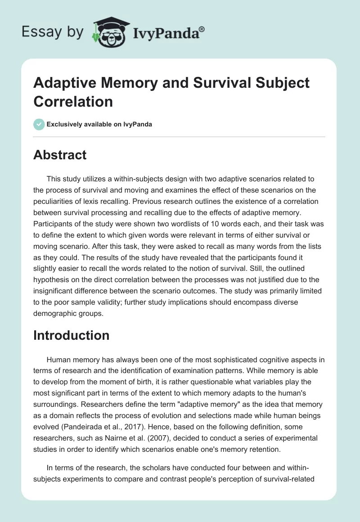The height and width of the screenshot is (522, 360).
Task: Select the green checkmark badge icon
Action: pyautogui.click(x=39, y=124)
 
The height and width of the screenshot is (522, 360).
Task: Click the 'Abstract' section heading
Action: pyautogui.click(x=60, y=155)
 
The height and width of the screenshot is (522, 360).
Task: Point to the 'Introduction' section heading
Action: pyautogui.click(x=71, y=335)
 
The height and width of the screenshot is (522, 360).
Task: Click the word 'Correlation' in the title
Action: pyautogui.click(x=73, y=101)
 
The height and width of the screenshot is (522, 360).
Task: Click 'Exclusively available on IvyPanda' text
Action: pyautogui.click(x=100, y=124)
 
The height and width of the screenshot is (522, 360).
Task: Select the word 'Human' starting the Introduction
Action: pyautogui.click(x=58, y=360)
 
